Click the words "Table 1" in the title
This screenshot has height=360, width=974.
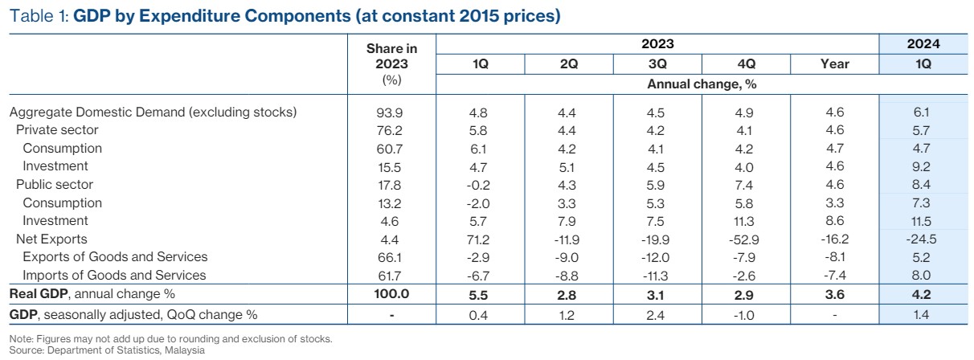[x=38, y=16]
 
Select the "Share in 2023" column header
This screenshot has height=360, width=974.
[x=391, y=56]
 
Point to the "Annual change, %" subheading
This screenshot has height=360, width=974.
[x=702, y=83]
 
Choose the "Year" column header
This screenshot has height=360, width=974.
[x=836, y=64]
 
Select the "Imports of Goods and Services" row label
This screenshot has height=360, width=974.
[x=115, y=275]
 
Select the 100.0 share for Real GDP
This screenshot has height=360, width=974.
[x=391, y=294]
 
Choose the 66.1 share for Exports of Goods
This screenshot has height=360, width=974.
[x=391, y=257]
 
